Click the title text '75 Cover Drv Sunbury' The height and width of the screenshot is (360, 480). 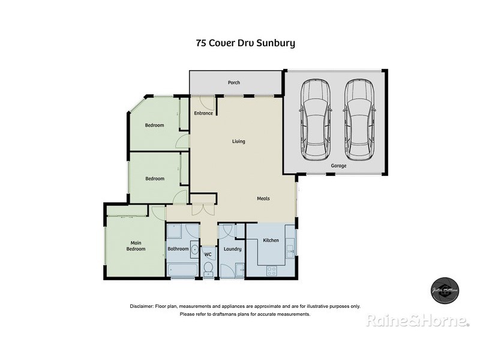point(245,43)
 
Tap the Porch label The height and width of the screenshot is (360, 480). point(233,82)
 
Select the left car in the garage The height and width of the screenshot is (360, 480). point(316,120)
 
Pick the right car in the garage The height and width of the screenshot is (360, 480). point(359,120)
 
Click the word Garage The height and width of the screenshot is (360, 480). point(338,166)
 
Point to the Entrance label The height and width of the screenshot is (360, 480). point(203,113)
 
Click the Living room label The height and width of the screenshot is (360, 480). point(239,142)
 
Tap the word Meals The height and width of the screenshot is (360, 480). point(263,199)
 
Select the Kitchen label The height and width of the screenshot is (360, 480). point(271,241)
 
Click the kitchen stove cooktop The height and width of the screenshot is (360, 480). point(271,270)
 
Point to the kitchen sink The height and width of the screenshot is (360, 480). point(290,248)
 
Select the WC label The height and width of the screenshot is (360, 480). point(208,254)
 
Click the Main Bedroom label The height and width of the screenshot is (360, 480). point(136,246)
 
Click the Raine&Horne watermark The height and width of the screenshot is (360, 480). point(418,320)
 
